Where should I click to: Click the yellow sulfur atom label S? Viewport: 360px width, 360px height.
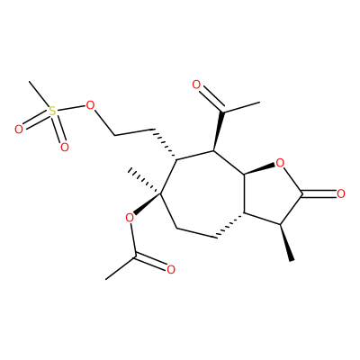point(52,112)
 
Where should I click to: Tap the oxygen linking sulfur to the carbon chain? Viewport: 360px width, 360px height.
point(90,105)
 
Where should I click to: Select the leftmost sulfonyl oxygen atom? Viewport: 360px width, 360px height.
point(19,130)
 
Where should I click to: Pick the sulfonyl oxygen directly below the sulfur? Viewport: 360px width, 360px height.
point(65,148)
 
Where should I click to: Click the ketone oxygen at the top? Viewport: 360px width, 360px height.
point(196,85)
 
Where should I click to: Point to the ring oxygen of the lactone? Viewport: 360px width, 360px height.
point(280,163)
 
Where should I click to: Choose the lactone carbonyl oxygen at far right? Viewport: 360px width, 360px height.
point(340,193)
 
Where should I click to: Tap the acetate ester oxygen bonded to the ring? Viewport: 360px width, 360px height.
point(130,218)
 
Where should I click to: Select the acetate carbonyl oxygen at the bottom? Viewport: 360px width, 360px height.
point(171,270)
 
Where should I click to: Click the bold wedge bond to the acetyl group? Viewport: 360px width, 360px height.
point(218,131)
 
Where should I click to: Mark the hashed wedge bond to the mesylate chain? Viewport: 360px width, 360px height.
point(164,145)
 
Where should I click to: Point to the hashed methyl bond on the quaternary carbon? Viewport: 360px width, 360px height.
point(145,182)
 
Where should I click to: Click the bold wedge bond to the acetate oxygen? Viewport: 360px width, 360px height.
point(148,204)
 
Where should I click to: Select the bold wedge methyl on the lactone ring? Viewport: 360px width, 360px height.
point(286,243)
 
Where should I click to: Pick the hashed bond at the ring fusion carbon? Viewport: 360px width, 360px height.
point(230,226)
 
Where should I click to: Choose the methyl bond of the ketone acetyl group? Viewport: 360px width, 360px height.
point(241,107)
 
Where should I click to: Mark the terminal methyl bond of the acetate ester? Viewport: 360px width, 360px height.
point(121,268)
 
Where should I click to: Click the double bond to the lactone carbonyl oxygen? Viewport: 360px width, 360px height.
point(319,193)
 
